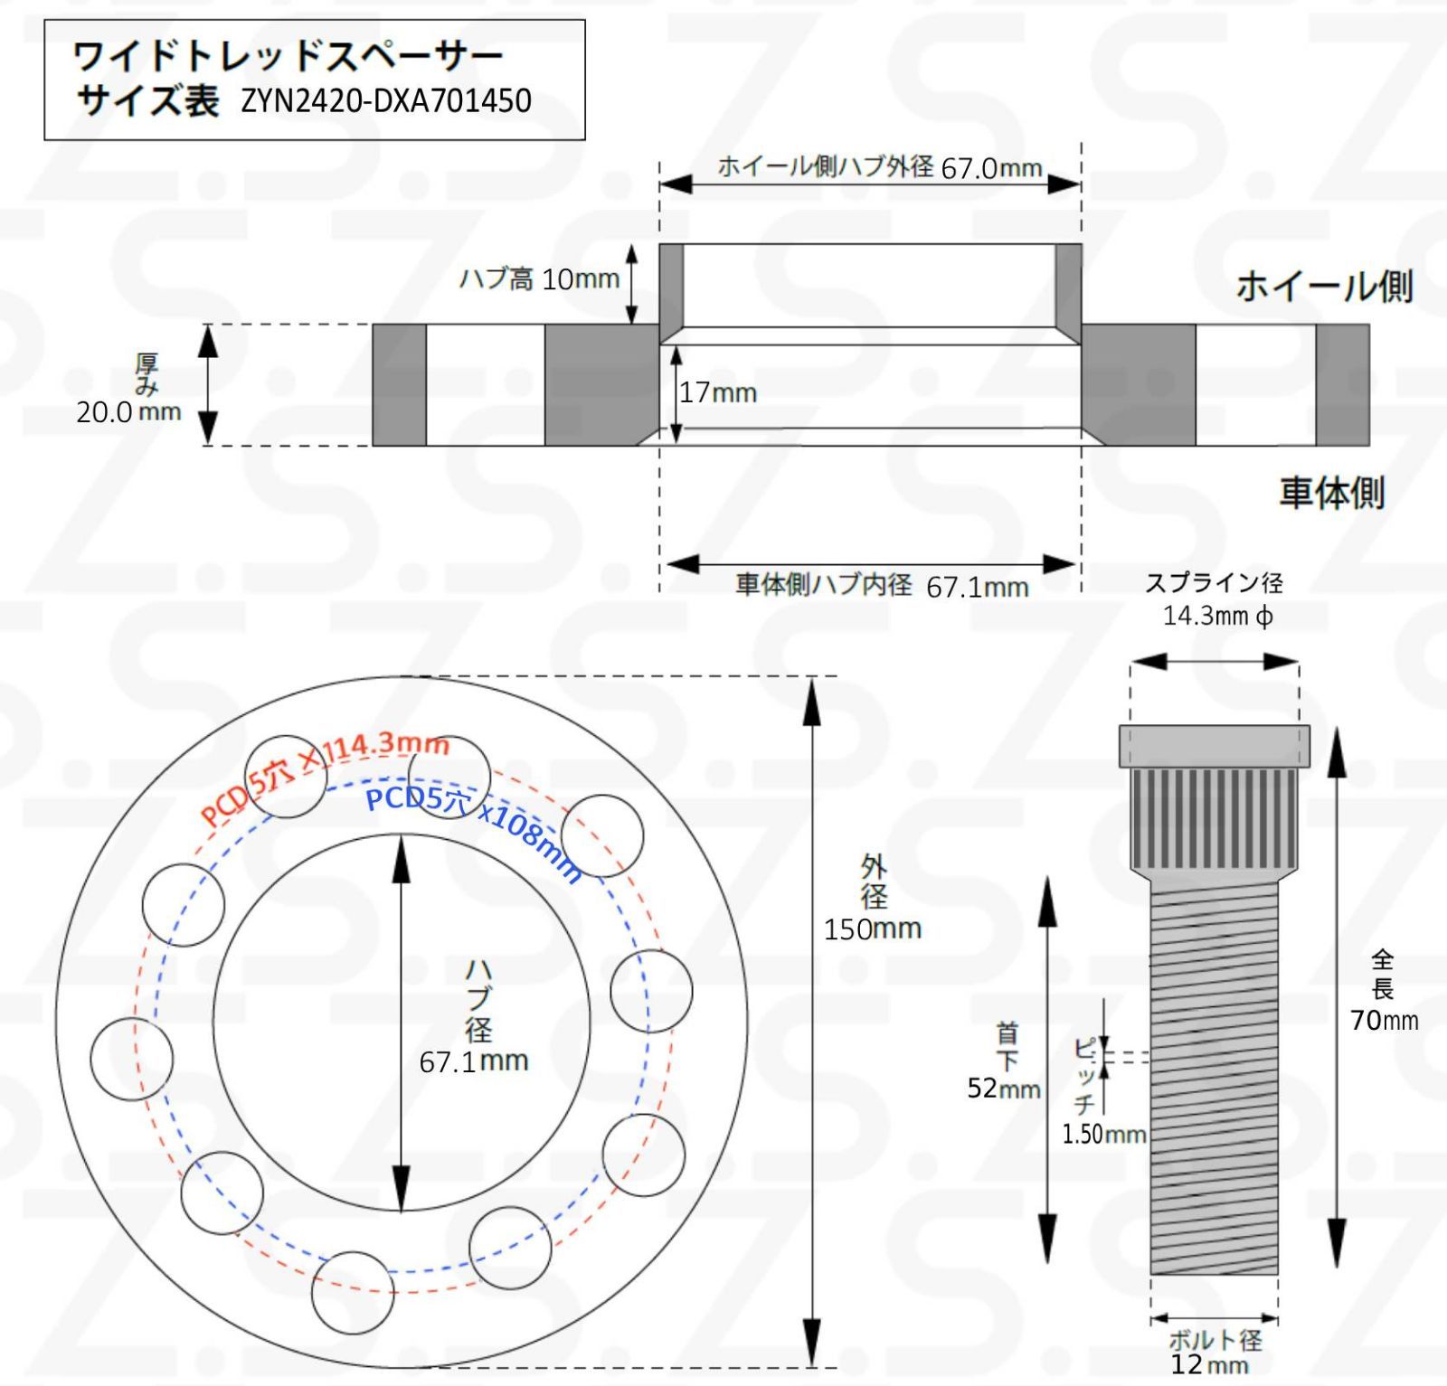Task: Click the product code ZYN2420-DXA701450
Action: (386, 100)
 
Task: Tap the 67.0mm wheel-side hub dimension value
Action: (991, 169)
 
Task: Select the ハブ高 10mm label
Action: (539, 278)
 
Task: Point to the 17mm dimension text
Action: (718, 392)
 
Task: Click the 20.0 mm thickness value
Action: (128, 412)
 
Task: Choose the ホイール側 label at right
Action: (1323, 287)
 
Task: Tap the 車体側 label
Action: (1331, 493)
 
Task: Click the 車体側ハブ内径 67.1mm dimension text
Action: (882, 586)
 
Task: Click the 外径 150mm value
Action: (872, 929)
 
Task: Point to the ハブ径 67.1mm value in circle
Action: (474, 1061)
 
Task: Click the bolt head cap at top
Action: (1214, 746)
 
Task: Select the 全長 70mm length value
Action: (1384, 1020)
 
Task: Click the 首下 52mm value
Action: (1003, 1088)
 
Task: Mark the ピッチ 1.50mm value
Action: (1103, 1134)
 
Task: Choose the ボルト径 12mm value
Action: (1209, 1363)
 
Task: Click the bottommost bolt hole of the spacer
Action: (353, 1292)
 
